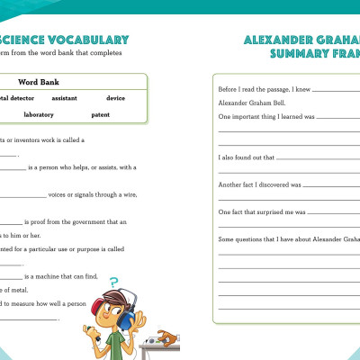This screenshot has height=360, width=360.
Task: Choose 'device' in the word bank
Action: pyautogui.click(x=115, y=97)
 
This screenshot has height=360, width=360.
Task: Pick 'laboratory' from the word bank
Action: pyautogui.click(x=39, y=114)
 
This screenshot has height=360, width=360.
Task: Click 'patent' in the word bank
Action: pyautogui.click(x=100, y=114)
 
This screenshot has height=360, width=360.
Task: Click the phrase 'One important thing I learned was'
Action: pyautogui.click(x=265, y=117)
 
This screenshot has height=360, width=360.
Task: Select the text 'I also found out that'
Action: pyautogui.click(x=246, y=157)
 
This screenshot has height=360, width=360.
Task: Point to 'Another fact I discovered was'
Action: pyautogui.click(x=259, y=184)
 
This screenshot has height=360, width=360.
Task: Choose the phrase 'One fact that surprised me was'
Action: pyautogui.click(x=262, y=212)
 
